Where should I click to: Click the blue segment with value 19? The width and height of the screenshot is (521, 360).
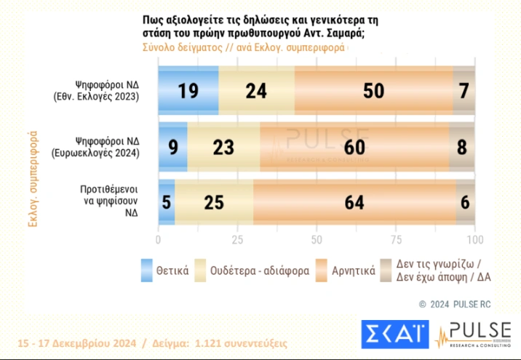pos(188,89)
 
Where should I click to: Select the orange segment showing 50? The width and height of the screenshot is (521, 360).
pos(374,89)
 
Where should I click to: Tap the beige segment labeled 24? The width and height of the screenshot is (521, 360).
pos(256,89)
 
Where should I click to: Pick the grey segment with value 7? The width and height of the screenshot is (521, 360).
pos(464,89)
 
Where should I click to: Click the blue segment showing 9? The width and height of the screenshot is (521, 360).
pos(172,146)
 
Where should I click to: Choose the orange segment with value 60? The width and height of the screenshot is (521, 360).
pos(354,146)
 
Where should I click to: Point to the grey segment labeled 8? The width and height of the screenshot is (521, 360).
pos(462,146)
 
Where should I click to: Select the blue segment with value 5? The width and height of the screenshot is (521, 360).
pos(167,201)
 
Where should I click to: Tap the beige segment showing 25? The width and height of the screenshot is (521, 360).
pos(214,201)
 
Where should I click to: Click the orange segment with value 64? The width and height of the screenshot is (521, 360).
pos(354,201)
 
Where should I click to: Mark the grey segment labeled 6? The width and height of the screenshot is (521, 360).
pos(466,201)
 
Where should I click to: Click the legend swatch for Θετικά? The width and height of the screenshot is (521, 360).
pos(146,269)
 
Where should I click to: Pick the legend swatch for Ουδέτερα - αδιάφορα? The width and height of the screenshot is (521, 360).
pos(194,269)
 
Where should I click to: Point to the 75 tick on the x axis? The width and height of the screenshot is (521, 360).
pos(396,240)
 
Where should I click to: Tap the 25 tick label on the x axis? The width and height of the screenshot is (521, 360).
pos(237,240)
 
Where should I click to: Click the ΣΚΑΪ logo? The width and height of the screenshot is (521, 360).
pos(394,334)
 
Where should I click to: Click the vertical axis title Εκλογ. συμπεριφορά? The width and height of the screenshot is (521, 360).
pos(33,178)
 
